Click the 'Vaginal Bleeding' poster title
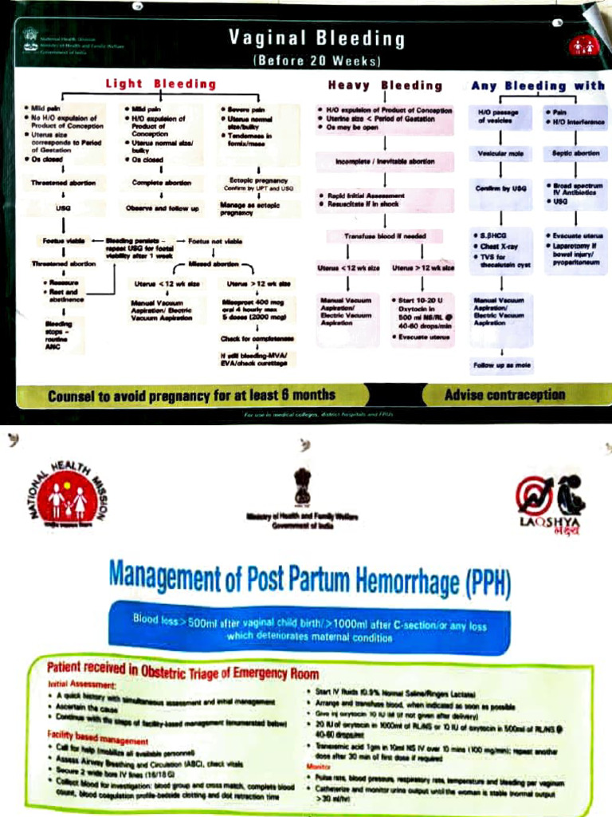coord(316,38)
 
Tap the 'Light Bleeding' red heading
coord(161,84)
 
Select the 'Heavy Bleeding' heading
coord(385,85)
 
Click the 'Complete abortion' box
coord(163,183)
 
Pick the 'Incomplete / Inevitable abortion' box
coord(386,161)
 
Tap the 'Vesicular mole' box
coord(500,152)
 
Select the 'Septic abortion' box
coord(575,152)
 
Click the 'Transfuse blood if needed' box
coord(386,235)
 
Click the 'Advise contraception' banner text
coord(504,394)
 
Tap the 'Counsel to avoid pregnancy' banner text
coord(191,395)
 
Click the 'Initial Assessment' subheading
coord(82,685)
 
